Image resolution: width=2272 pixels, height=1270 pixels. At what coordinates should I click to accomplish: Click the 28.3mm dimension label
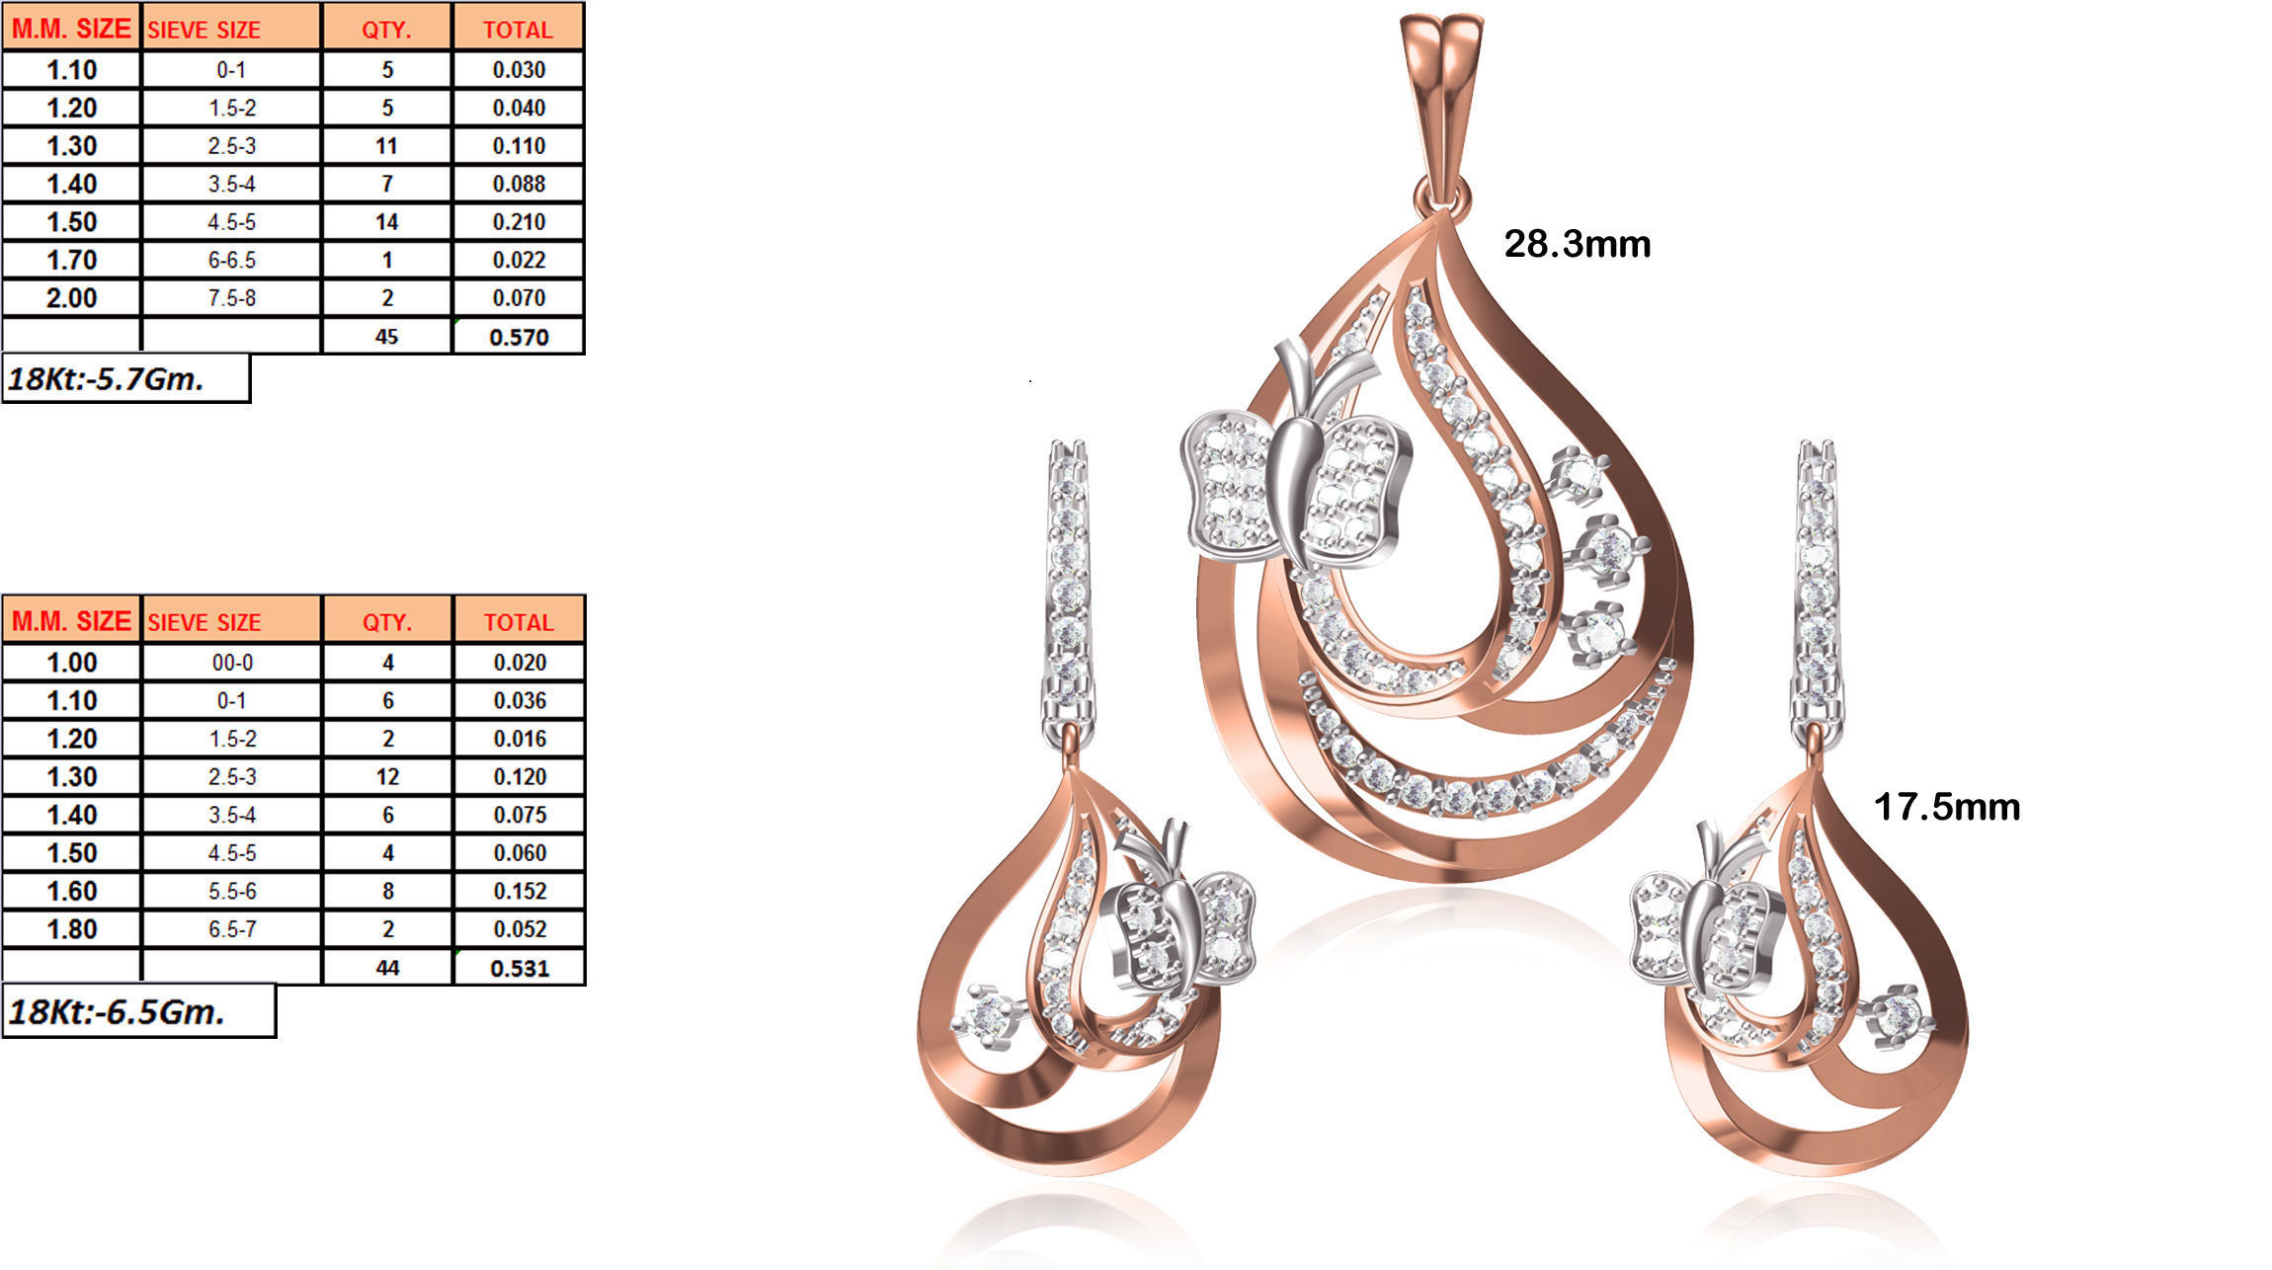pos(1577,244)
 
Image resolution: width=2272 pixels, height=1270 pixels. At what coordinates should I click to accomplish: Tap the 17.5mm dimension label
pos(1946,807)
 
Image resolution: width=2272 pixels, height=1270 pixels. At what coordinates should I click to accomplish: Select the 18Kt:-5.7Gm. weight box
pos(125,379)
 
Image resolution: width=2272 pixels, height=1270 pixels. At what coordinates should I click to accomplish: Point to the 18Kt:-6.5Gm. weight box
pos(138,1011)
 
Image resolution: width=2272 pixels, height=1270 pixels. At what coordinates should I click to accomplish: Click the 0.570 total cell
pos(519,337)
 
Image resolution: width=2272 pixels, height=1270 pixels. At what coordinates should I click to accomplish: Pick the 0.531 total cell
pos(520,968)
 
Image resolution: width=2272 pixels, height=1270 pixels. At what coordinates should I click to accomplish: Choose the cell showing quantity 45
pos(386,337)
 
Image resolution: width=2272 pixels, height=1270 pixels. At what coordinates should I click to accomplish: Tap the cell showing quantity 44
pos(387,968)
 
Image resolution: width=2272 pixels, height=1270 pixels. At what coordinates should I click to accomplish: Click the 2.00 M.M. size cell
pos(72,298)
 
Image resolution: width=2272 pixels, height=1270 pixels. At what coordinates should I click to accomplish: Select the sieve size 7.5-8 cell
pos(232,298)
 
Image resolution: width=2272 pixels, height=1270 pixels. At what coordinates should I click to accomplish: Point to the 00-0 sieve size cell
pos(232,663)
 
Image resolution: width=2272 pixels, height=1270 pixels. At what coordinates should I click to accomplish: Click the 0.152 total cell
pos(520,891)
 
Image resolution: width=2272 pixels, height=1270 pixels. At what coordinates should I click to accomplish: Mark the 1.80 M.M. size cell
pos(72,929)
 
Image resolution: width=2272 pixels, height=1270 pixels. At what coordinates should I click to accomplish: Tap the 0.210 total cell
pos(519,222)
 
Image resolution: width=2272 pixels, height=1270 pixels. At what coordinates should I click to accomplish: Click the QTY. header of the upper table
pos(386,30)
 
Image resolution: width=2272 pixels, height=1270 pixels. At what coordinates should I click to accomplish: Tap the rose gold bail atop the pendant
pos(1441,99)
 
